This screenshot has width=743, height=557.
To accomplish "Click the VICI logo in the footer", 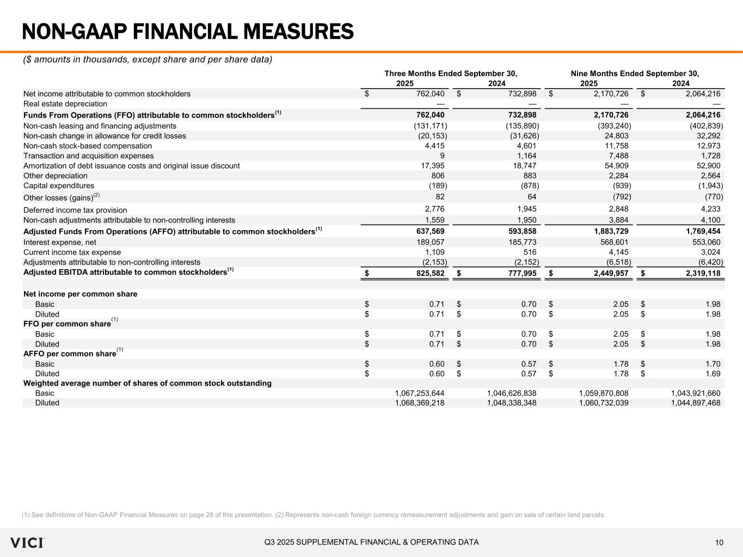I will click(27, 542).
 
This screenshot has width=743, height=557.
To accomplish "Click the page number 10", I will click(719, 542).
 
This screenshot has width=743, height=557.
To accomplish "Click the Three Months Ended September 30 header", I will click(451, 73).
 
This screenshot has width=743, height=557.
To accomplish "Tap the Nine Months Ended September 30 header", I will click(635, 73).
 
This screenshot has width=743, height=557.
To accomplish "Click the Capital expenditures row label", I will click(59, 185).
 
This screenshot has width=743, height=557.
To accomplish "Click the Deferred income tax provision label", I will click(75, 210).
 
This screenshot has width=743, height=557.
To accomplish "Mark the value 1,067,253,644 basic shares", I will click(419, 393).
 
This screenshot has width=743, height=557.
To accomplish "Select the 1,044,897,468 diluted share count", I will click(695, 403).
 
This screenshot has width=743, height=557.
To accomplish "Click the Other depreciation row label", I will click(56, 176).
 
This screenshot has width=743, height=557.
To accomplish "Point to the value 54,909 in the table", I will click(616, 166).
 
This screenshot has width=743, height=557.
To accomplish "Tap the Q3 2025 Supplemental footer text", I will click(372, 542).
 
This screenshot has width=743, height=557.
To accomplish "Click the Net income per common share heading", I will click(81, 294).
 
